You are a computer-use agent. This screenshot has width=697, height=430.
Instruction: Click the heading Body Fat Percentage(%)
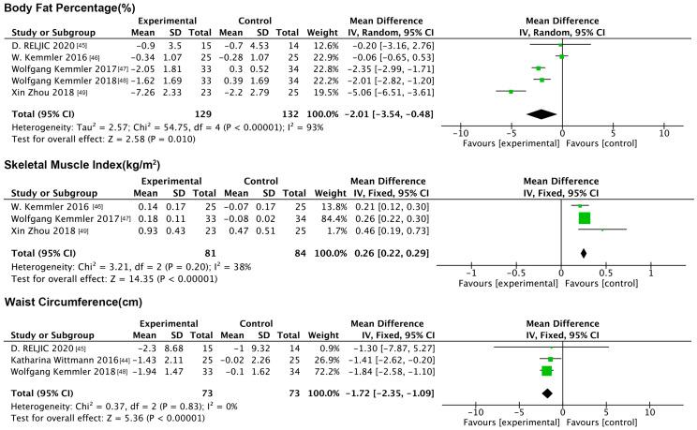click(x=71, y=7)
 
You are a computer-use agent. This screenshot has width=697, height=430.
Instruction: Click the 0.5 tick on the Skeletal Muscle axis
click(x=606, y=272)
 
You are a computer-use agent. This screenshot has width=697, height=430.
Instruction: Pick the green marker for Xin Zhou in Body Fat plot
click(x=511, y=92)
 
